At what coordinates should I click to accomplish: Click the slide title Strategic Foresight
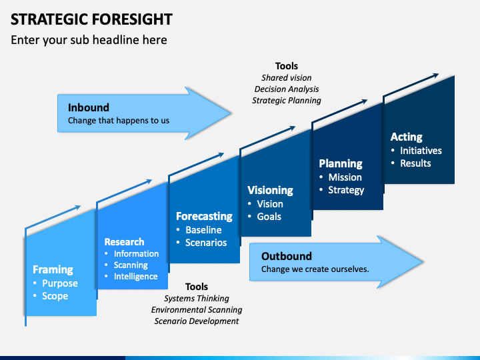click(x=91, y=19)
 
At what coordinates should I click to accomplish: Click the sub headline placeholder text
click(x=89, y=40)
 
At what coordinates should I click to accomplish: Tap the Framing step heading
click(x=53, y=269)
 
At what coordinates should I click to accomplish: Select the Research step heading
click(x=124, y=241)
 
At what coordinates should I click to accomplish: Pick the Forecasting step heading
click(x=204, y=216)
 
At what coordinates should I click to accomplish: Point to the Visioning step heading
click(x=270, y=190)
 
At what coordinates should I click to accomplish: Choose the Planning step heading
click(x=340, y=163)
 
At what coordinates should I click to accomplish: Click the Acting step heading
click(x=406, y=137)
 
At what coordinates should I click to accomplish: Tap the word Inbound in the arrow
click(x=88, y=107)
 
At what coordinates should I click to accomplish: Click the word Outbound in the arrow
click(x=286, y=256)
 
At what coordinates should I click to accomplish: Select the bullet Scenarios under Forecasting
click(x=206, y=243)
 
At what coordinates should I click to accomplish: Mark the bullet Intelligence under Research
click(x=135, y=276)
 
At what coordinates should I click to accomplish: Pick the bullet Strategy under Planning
click(x=346, y=190)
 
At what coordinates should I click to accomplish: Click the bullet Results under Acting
click(x=415, y=163)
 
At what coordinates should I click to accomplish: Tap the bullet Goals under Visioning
click(x=269, y=217)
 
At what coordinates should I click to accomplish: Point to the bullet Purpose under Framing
click(x=60, y=283)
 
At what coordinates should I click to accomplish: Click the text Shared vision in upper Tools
click(x=286, y=78)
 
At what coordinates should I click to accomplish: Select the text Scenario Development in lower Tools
click(x=196, y=321)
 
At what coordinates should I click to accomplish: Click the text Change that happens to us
click(x=119, y=121)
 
